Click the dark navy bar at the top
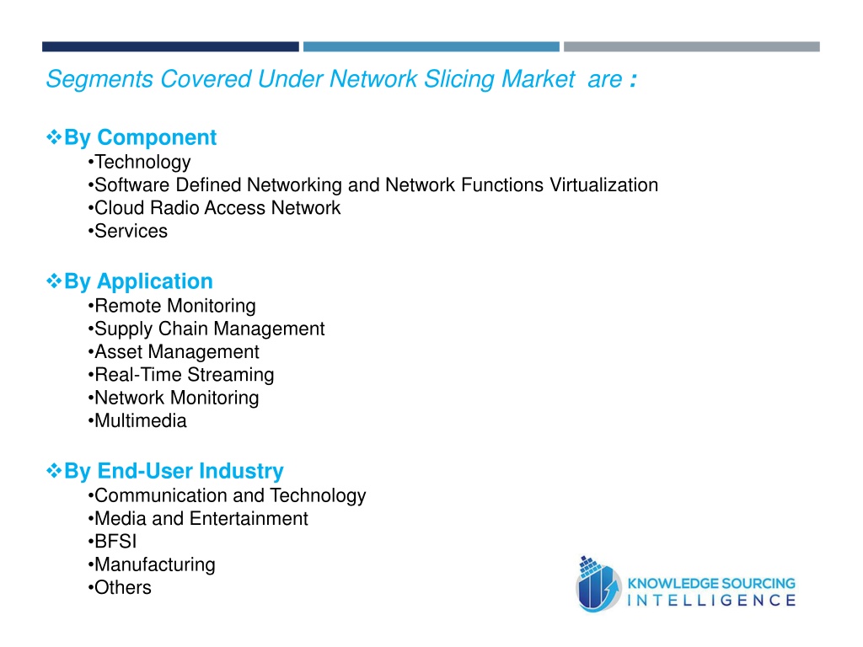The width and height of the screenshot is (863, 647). (x=170, y=47)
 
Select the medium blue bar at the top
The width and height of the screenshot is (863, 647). (x=431, y=47)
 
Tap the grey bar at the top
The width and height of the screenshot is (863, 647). (x=692, y=47)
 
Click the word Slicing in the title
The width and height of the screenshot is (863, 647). (x=459, y=79)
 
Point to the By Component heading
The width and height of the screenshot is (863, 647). (x=141, y=137)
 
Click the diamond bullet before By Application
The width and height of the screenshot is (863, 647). (x=54, y=281)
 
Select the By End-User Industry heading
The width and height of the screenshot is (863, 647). (x=174, y=471)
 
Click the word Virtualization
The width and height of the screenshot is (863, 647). (x=603, y=185)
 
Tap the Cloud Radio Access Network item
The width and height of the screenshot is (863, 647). (x=214, y=208)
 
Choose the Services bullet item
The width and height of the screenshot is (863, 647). (x=128, y=231)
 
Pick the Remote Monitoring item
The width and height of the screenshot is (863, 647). (x=172, y=306)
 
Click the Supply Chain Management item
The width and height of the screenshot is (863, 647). (x=206, y=329)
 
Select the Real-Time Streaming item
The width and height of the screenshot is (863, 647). (x=181, y=375)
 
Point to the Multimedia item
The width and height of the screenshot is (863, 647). (x=137, y=421)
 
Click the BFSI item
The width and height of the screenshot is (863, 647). (x=112, y=542)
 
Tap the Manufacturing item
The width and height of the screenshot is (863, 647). (x=152, y=565)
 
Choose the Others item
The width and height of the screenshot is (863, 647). (x=120, y=587)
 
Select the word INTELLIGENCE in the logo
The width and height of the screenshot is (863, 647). (x=711, y=600)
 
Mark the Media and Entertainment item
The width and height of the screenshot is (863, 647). (x=198, y=519)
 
